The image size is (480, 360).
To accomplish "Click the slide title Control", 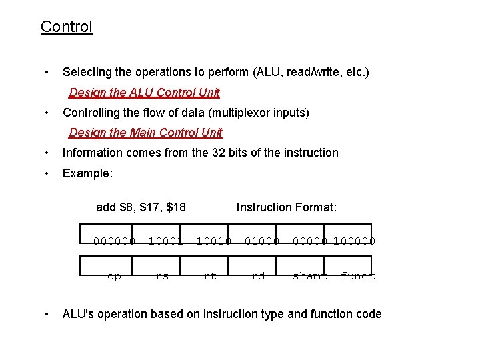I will (x=66, y=27).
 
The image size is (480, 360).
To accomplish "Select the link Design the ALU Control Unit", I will (x=144, y=93).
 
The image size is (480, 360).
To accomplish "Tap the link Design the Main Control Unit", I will (x=145, y=133).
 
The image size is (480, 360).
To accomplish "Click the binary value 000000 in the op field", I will (x=115, y=241).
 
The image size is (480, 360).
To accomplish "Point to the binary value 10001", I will (x=165, y=241).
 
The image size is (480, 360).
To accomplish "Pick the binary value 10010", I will (x=213, y=241).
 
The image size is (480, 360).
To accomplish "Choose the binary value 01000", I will (x=261, y=241).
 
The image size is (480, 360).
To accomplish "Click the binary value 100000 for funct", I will (x=355, y=241).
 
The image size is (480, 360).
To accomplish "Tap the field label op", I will (x=114, y=276).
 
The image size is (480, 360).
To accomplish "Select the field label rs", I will (x=162, y=276).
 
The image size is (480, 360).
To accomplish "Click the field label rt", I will (x=210, y=276).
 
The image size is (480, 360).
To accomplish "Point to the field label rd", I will (x=258, y=276).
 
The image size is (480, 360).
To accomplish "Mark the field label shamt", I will (x=310, y=276).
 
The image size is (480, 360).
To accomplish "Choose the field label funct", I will (x=358, y=276).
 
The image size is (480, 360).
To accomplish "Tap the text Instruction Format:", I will (x=287, y=207).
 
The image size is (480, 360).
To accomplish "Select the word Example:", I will (x=87, y=173).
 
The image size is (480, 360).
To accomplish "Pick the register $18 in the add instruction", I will (x=176, y=207).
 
